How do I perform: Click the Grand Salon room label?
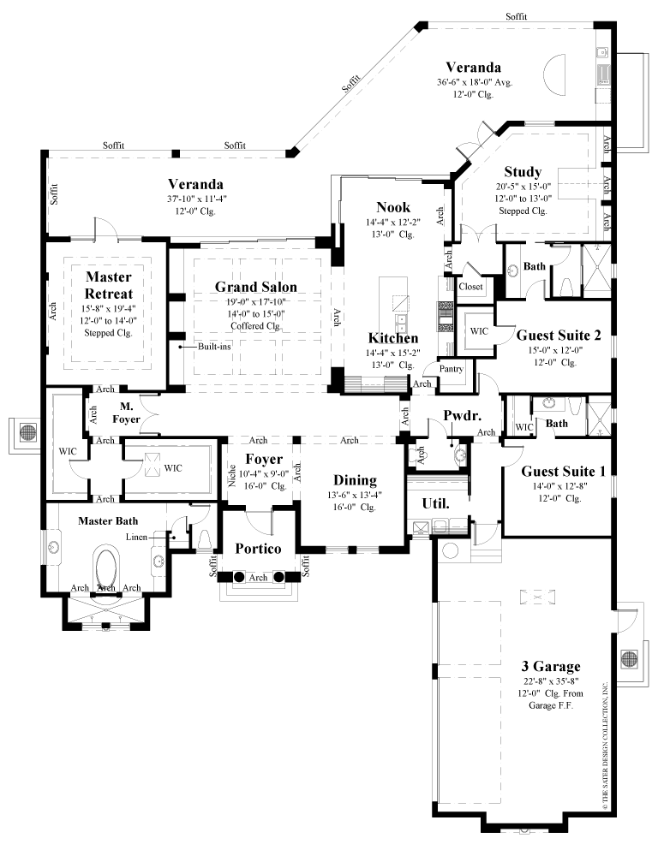pos(255,287)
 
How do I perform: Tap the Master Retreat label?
pos(108,285)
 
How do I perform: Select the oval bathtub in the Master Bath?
pos(108,566)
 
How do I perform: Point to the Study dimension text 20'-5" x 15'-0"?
pos(523,187)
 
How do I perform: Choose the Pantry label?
pos(452,369)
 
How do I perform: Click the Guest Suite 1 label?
pos(551,470)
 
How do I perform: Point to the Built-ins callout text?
pos(205,347)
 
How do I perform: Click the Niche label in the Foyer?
pos(233,474)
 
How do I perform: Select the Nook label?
pos(393,207)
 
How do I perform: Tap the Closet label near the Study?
pos(472,287)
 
